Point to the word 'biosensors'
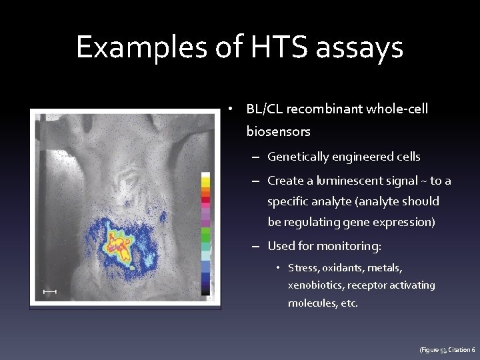pos(278,132)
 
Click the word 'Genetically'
pos(298,157)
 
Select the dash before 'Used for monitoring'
pos(257,247)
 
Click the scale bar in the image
pos(49,292)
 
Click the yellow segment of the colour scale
pos(205,178)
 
